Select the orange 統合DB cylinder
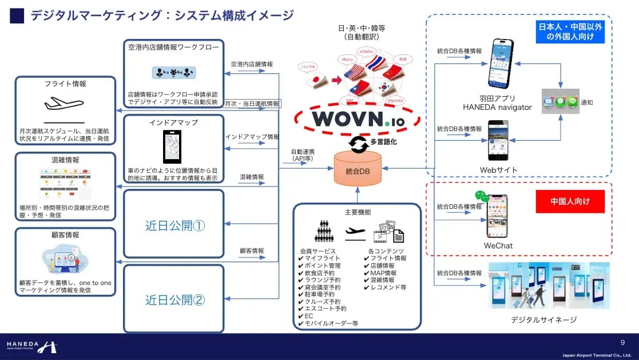pyautogui.click(x=358, y=171)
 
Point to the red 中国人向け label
pyautogui.click(x=570, y=201)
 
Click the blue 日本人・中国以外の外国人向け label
pyautogui.click(x=570, y=31)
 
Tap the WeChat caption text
pyautogui.click(x=498, y=246)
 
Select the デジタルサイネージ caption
pyautogui.click(x=543, y=319)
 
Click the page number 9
pyautogui.click(x=622, y=342)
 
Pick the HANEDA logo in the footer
pyautogui.click(x=32, y=346)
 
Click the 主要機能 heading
pyautogui.click(x=358, y=212)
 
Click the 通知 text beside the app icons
pyautogui.click(x=588, y=103)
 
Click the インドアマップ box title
pyautogui.click(x=174, y=122)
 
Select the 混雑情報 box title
pyautogui.click(x=65, y=160)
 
